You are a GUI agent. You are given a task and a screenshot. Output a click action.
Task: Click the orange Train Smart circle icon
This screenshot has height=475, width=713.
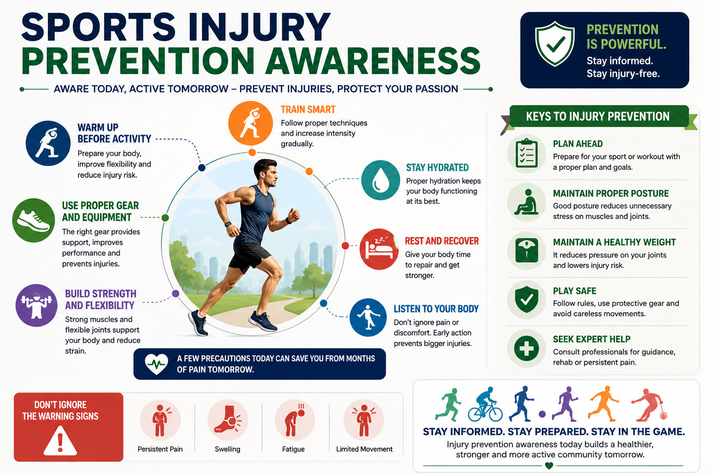251,123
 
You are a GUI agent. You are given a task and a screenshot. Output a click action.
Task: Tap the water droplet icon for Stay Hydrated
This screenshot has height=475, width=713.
380,180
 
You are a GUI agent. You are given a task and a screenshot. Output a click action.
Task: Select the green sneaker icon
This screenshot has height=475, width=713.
33,220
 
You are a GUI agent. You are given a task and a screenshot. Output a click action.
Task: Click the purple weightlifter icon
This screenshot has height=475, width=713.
36,305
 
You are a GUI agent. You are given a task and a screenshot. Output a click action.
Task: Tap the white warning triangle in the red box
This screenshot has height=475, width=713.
60,441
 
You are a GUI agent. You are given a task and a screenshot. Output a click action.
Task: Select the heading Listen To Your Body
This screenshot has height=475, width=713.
436,309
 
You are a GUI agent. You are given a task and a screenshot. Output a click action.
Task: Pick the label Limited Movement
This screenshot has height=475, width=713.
364,449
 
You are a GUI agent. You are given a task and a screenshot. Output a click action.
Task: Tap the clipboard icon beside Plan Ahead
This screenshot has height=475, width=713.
526,154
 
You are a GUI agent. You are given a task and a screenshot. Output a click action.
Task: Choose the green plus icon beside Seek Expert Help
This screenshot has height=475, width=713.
526,348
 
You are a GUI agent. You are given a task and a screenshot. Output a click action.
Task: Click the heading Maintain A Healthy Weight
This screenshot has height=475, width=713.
614,242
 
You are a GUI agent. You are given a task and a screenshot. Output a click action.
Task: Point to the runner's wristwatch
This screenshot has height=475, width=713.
228,225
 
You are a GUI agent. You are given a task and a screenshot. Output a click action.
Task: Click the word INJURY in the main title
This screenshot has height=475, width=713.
259,27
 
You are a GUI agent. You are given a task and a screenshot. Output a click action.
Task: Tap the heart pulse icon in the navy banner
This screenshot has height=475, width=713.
156,364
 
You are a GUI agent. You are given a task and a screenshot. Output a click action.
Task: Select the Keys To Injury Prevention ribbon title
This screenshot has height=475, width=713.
598,116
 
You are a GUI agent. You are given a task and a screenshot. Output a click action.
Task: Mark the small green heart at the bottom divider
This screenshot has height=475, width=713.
549,465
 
